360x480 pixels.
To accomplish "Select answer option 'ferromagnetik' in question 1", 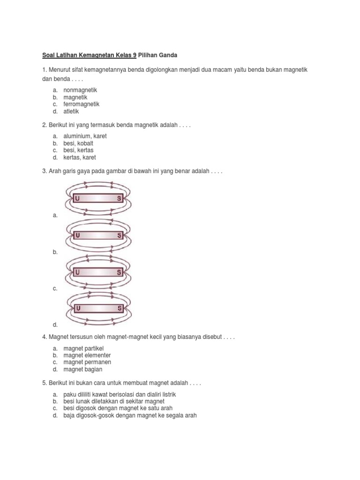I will click(82, 104).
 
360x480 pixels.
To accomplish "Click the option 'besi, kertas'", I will click(78, 150).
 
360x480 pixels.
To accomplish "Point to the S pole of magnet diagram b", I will click(120, 235).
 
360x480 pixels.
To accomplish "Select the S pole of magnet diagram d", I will click(120, 308).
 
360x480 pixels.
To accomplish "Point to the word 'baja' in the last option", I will click(69, 415).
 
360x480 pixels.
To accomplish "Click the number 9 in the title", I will click(135, 55).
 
